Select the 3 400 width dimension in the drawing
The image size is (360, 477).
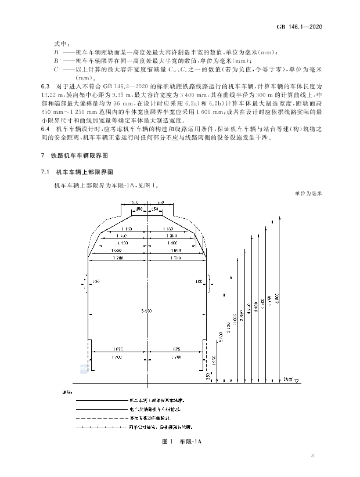pos(147,312)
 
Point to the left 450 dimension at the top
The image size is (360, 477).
pos(139,209)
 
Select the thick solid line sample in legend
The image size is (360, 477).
pos(102,399)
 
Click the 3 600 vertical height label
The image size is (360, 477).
pos(221,336)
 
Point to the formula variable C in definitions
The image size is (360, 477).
pos(56,68)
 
